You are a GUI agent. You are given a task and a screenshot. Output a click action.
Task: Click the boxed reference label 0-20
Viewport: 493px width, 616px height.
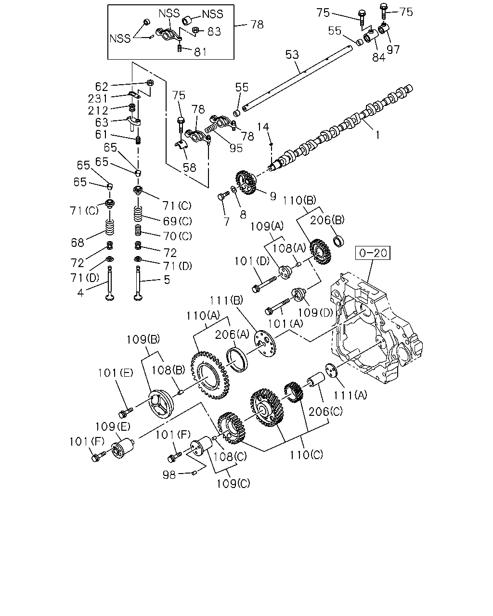(373, 253)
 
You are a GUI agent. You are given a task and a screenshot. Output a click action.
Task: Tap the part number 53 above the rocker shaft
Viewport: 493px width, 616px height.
(292, 54)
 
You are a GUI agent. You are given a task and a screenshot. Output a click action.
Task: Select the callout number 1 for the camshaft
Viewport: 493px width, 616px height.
(377, 135)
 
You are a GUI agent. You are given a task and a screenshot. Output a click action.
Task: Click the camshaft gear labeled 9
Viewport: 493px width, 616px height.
(246, 182)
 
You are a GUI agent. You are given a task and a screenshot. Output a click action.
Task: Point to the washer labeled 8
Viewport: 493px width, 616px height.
(234, 189)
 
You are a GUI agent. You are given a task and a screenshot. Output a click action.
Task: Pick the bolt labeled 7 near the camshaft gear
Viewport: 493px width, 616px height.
(223, 196)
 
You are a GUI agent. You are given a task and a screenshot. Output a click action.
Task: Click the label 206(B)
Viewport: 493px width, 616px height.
(327, 220)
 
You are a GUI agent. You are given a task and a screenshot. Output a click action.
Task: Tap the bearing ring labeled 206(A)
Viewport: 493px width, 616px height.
(236, 360)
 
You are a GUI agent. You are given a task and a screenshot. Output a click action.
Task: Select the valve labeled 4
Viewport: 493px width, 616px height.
(110, 283)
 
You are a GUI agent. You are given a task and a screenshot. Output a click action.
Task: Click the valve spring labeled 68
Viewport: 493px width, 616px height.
(110, 227)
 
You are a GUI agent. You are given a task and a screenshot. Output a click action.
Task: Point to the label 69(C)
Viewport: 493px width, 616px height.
(177, 221)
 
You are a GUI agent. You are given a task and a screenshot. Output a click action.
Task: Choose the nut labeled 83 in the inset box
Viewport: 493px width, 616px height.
(195, 30)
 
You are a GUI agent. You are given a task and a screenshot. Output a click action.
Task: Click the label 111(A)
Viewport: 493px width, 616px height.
(350, 395)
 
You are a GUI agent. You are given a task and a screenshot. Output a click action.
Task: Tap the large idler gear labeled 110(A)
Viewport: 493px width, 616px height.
(210, 375)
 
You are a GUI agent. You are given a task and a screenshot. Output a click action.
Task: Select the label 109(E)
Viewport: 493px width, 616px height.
(113, 426)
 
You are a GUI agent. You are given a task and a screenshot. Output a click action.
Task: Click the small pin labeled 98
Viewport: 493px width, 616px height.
(194, 473)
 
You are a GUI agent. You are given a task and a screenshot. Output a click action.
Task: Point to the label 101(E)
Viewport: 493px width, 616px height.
(116, 373)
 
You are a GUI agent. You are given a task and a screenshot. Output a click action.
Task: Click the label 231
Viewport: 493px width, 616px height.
(98, 99)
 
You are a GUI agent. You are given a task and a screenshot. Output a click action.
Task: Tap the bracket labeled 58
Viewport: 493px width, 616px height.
(181, 146)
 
